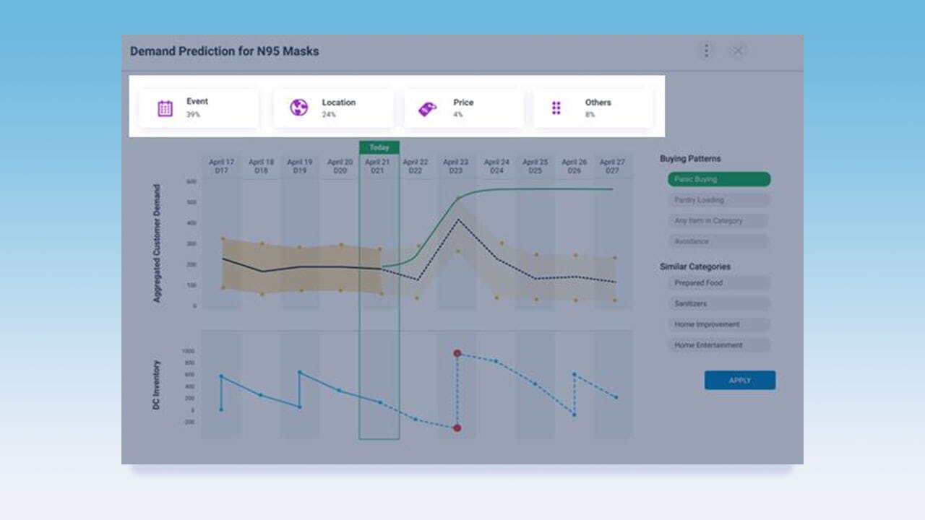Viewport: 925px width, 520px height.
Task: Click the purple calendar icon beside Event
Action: click(x=165, y=108)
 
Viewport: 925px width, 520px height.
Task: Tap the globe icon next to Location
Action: click(x=298, y=108)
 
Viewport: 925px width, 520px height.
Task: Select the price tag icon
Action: click(x=427, y=109)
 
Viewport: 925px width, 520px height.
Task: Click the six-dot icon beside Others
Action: click(x=556, y=108)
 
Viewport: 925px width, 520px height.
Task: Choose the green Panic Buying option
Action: click(x=718, y=179)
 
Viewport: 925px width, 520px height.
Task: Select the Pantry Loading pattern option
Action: click(x=718, y=200)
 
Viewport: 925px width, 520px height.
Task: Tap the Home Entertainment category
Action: click(x=718, y=345)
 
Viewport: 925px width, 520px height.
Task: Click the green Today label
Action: click(x=379, y=147)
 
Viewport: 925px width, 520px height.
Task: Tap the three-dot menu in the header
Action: click(x=706, y=51)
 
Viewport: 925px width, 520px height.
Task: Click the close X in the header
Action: click(x=738, y=51)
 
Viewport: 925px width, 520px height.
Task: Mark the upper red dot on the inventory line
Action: click(x=457, y=353)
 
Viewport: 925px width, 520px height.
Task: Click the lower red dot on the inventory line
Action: click(x=457, y=428)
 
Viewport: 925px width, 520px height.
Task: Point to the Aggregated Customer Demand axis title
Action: click(x=157, y=243)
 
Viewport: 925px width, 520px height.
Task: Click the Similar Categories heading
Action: click(x=694, y=266)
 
